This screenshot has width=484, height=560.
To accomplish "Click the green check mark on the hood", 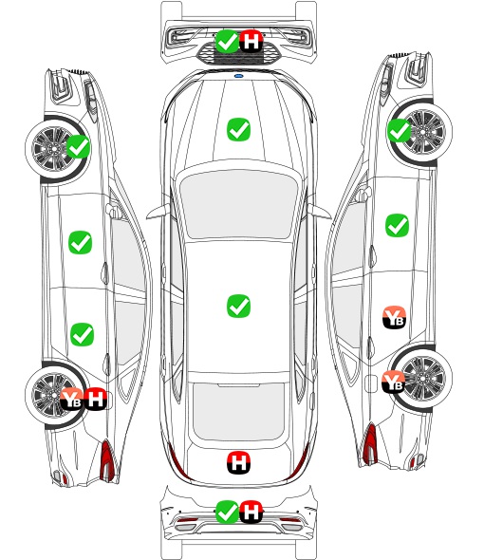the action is click(x=238, y=129).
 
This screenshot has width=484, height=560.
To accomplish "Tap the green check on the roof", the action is click(x=238, y=306).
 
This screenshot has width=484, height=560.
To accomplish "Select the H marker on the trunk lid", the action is click(x=238, y=463).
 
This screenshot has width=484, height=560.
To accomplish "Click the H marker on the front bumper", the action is click(x=251, y=41).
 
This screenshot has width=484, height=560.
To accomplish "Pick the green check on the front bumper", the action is click(x=227, y=42).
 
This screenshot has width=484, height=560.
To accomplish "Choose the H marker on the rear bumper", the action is click(x=251, y=512).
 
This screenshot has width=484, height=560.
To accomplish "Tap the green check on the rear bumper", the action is click(x=227, y=513).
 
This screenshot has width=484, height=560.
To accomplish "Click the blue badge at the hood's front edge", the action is click(x=238, y=76).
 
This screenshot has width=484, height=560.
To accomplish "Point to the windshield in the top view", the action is click(x=238, y=203).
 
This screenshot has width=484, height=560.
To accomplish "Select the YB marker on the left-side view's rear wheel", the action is click(x=71, y=399).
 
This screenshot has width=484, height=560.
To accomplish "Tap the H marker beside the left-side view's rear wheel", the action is click(x=95, y=399).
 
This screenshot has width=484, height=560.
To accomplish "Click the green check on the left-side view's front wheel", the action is click(x=79, y=146).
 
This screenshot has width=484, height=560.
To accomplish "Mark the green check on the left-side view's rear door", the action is click(x=83, y=335).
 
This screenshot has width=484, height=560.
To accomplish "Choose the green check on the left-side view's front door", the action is click(x=80, y=242).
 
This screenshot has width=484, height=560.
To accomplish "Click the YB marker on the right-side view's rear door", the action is click(x=395, y=317).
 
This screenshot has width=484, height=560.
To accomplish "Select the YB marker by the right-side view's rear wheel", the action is click(x=393, y=382).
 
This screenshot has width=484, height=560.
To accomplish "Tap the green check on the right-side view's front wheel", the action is click(x=400, y=130).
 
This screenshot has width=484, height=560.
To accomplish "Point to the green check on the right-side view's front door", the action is click(x=397, y=225).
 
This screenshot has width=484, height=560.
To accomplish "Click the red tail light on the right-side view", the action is click(x=370, y=444).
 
